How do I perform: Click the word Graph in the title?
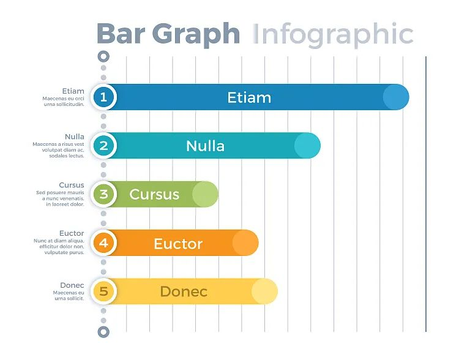click(196, 36)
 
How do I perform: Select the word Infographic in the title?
click(333, 36)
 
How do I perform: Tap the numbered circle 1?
click(103, 97)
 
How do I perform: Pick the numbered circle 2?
click(103, 146)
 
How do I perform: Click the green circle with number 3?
click(103, 194)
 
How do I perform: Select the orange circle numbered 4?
click(103, 242)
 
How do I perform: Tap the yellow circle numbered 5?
click(103, 291)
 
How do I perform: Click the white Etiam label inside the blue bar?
click(250, 97)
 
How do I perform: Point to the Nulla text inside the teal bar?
click(206, 146)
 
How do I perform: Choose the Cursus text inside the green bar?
click(154, 195)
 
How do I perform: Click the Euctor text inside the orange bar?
click(178, 244)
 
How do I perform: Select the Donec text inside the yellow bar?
click(184, 291)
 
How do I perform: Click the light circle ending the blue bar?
click(396, 97)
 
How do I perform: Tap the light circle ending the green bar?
click(205, 194)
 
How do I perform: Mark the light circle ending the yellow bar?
click(264, 291)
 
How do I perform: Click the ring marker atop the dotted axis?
click(103, 56)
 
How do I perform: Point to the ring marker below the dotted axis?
click(103, 332)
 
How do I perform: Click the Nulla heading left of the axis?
click(75, 137)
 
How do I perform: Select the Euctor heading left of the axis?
click(72, 233)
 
